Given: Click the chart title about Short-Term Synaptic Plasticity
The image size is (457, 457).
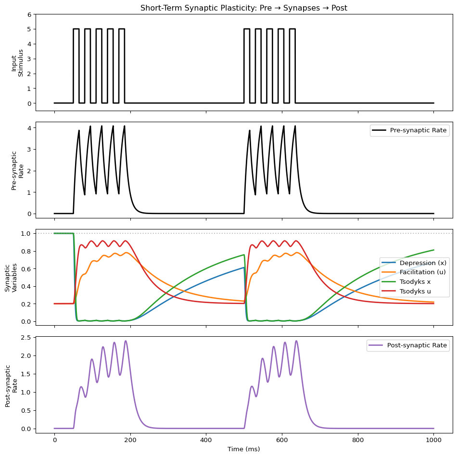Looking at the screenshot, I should point(244,8).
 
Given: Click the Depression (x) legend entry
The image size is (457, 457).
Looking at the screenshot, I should point(423,263).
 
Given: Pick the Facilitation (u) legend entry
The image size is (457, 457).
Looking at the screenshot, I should point(423,272).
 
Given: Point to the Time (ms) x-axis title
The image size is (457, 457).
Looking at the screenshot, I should point(244,449).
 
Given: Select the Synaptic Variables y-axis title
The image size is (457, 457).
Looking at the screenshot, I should point(11,277).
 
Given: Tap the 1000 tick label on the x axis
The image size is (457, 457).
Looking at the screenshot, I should point(433,441).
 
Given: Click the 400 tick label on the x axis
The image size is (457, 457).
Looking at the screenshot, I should point(206,441).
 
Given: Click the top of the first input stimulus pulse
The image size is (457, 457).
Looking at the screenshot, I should point(76,29).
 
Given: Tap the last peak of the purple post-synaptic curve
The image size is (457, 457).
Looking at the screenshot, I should point(296,341).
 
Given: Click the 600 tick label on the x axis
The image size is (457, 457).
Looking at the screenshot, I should point(282,441).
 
